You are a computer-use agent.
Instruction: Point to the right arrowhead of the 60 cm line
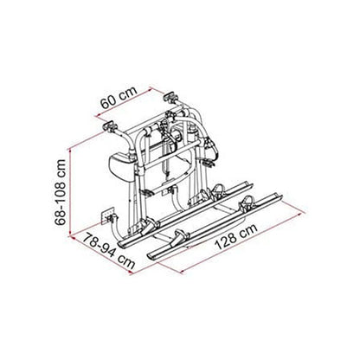(154, 86)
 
